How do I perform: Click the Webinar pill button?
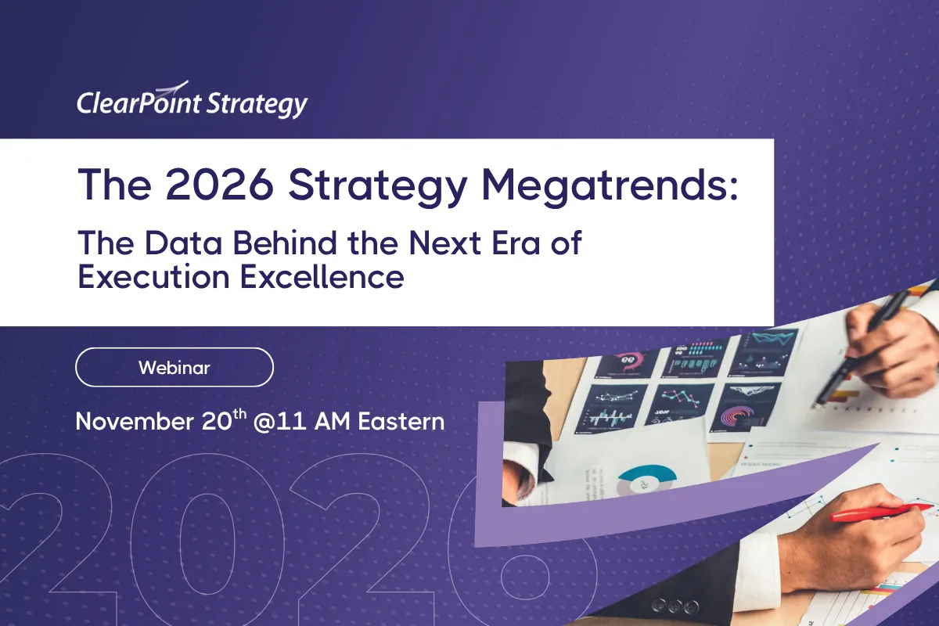[x=174, y=367]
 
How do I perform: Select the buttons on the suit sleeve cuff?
[x=675, y=605]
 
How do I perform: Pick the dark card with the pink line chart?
[x=684, y=398]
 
